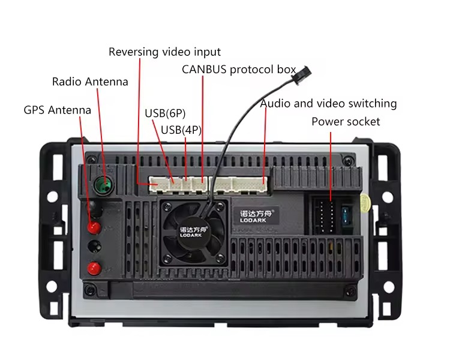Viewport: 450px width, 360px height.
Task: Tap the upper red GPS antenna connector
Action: [93, 227]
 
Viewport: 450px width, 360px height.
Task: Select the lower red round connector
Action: [92, 268]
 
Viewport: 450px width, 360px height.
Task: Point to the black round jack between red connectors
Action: [93, 247]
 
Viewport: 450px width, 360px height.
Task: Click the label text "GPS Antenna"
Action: [58, 110]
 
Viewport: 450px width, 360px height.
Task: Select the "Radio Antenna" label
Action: [90, 82]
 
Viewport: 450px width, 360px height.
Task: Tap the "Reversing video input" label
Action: [164, 52]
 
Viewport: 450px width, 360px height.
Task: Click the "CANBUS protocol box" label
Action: [239, 69]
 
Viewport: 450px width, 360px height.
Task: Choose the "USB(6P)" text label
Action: [165, 113]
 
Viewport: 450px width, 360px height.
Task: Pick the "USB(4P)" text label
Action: [181, 129]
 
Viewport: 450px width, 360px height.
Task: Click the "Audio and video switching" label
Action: [328, 103]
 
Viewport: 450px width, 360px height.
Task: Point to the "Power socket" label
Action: [346, 122]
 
